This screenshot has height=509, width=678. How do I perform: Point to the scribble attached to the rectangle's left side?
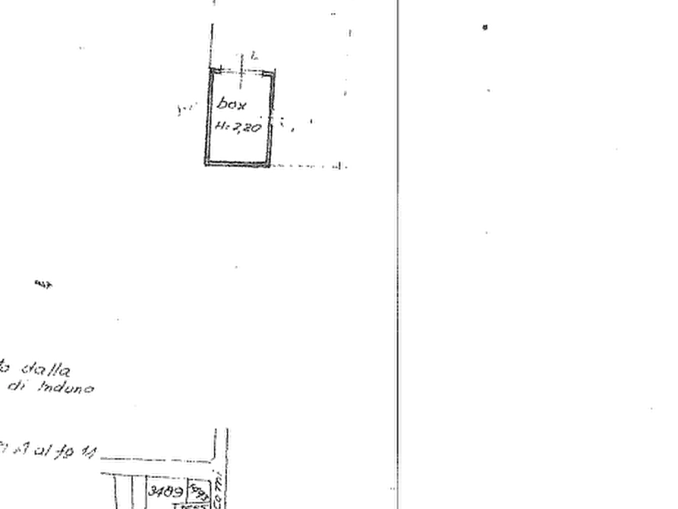click(183, 111)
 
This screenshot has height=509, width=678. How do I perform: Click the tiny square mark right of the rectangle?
click(309, 121)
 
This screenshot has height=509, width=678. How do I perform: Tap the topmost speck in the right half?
click(484, 29)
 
